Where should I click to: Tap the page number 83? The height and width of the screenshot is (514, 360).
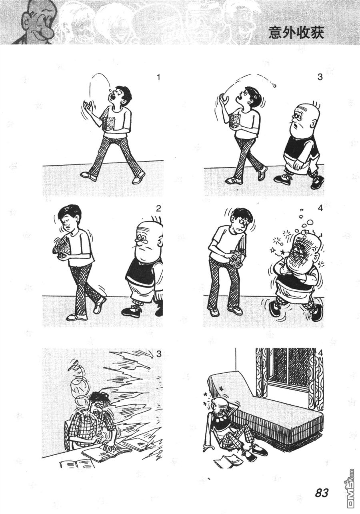pos(322,492)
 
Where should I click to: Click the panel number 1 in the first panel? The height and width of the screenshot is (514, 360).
pos(158,78)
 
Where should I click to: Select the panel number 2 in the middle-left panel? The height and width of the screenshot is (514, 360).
pos(158,208)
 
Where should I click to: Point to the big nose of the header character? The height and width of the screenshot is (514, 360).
pos(47,29)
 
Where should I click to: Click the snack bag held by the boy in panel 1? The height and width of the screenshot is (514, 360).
pos(110,124)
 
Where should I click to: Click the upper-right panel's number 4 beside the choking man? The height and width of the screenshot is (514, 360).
pos(320,208)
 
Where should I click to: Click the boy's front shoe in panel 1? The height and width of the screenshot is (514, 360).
pos(88,176)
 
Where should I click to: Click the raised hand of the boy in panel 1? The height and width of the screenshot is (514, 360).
pos(88,107)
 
